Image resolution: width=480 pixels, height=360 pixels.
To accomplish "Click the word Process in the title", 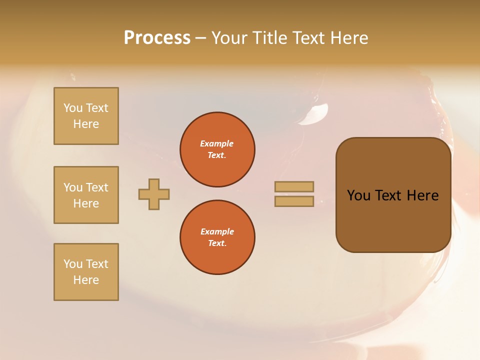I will pyautogui.click(x=157, y=38).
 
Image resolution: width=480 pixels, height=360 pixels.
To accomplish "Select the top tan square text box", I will pyautogui.click(x=86, y=116).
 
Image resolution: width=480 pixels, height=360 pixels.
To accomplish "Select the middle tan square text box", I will pyautogui.click(x=86, y=195).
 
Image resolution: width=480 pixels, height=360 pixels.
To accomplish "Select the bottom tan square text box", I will pyautogui.click(x=86, y=272).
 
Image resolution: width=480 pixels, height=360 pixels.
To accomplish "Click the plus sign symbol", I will pyautogui.click(x=154, y=194).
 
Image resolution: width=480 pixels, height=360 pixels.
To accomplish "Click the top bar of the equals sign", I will pyautogui.click(x=294, y=186).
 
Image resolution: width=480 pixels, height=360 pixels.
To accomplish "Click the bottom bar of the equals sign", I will pyautogui.click(x=294, y=201).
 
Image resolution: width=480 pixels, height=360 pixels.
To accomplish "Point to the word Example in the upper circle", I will pyautogui.click(x=216, y=143).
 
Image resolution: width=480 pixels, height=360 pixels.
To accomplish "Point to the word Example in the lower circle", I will pyautogui.click(x=217, y=231).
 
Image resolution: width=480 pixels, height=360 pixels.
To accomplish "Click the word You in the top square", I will pyautogui.click(x=73, y=108).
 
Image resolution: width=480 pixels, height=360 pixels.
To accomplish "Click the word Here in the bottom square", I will pyautogui.click(x=86, y=280).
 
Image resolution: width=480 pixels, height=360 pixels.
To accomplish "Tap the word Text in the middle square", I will pyautogui.click(x=97, y=187).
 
